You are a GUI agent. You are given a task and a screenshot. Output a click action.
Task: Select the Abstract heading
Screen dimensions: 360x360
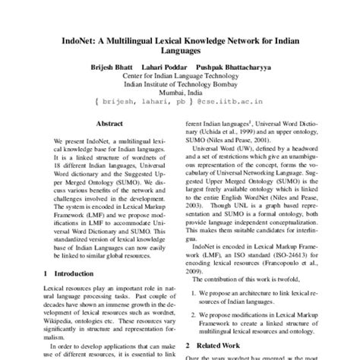click(x=109, y=123)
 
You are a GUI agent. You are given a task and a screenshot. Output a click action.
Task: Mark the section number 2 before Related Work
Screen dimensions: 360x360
click(x=190, y=343)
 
